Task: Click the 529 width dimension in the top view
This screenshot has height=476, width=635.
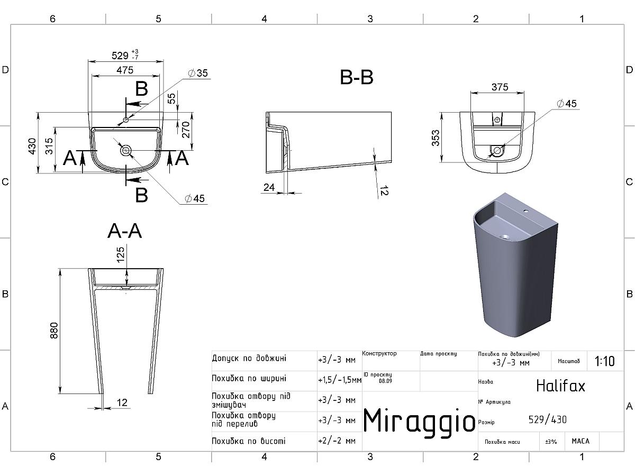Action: [x=120, y=55]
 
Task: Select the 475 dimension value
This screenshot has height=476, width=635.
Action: [x=125, y=70]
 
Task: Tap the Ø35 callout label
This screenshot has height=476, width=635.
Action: [x=198, y=73]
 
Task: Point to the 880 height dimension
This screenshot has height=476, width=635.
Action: [x=54, y=331]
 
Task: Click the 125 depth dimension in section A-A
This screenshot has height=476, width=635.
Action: [x=120, y=254]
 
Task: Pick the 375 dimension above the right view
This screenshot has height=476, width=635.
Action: [x=500, y=87]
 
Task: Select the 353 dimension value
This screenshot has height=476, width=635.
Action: [x=436, y=138]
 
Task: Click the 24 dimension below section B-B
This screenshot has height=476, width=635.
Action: [x=269, y=188]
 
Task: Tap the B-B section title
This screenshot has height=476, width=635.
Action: [x=357, y=77]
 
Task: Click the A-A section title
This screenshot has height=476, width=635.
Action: [x=125, y=231]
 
